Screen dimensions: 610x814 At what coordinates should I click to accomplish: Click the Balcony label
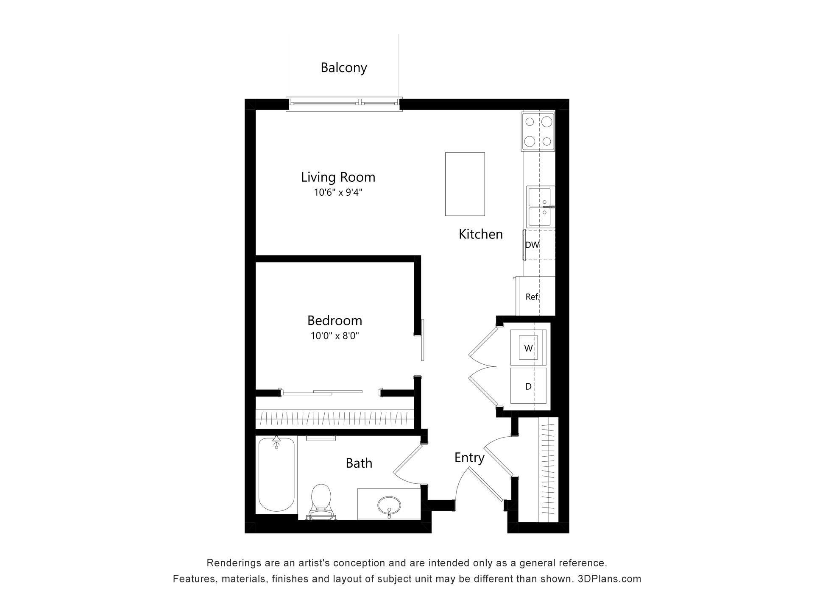tap(343, 68)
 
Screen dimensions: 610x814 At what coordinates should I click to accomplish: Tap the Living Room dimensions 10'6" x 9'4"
tap(338, 193)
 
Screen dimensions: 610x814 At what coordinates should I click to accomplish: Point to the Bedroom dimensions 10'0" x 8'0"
tap(335, 336)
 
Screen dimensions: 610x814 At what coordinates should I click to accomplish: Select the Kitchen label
tap(480, 234)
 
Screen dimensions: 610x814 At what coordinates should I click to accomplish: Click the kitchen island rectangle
tap(465, 184)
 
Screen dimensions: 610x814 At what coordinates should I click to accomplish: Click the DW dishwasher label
tap(532, 245)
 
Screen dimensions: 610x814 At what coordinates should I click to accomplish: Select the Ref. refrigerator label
tap(532, 297)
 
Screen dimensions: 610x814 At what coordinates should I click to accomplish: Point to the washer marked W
tap(528, 348)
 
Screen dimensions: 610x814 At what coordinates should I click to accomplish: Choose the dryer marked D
tap(528, 386)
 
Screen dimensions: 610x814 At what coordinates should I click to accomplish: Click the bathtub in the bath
tap(276, 474)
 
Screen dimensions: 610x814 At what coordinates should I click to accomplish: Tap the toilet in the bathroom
tap(321, 502)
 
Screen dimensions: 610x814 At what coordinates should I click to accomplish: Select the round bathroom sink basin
tap(389, 505)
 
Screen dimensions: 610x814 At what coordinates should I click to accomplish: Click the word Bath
tap(359, 463)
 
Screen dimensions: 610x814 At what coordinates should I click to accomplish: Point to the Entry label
tap(469, 457)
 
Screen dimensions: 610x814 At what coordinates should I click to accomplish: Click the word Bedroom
tap(335, 320)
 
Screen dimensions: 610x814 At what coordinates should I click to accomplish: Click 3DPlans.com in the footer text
tap(609, 579)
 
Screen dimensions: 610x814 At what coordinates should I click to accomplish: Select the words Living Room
tap(338, 177)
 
